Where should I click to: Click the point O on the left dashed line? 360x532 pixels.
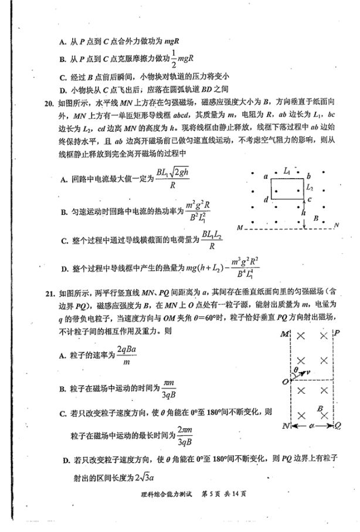(x=284, y=381)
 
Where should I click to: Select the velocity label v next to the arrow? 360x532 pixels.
(x=309, y=373)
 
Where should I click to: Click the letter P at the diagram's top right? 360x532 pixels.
(x=336, y=333)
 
